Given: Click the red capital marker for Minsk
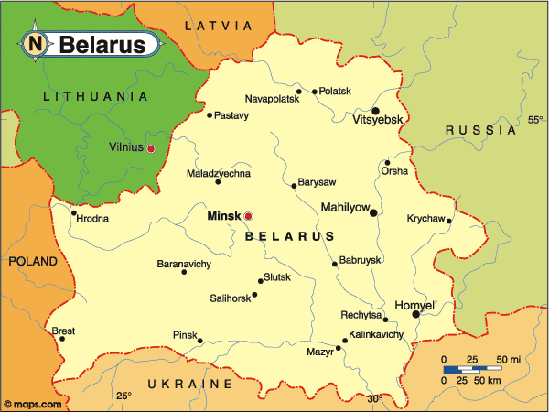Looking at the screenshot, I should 248,216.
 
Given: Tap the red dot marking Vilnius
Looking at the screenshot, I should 151,148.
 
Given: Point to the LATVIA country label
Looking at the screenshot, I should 218,26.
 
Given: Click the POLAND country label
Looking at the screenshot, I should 33,261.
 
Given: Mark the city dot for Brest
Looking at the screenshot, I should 62,339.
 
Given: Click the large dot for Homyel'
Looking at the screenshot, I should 416,314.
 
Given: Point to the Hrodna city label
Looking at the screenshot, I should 92,219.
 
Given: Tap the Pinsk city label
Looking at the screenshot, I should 185,336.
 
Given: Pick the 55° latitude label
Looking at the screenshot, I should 535,120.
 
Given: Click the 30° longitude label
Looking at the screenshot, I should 374,398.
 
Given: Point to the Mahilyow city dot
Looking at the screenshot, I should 373,212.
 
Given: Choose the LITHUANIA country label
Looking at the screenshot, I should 95,95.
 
